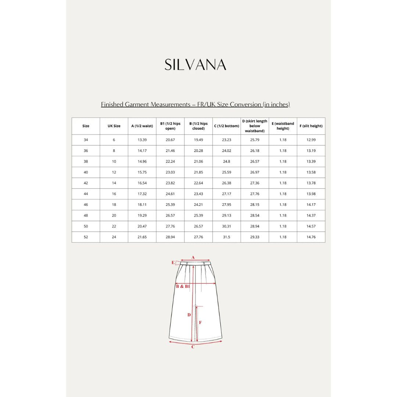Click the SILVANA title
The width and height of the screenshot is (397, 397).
(195, 65)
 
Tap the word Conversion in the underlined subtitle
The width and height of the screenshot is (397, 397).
(245, 104)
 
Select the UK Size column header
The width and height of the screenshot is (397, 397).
(114, 126)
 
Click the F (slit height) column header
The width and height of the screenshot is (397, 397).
(311, 126)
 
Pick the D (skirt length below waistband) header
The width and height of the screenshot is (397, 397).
(255, 126)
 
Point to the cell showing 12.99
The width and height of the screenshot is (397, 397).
(311, 140)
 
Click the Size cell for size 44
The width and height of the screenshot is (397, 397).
(86, 194)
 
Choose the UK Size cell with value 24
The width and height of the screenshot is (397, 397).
(114, 237)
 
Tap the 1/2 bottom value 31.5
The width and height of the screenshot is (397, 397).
(226, 237)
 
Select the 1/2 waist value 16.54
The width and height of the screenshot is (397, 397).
(142, 183)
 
